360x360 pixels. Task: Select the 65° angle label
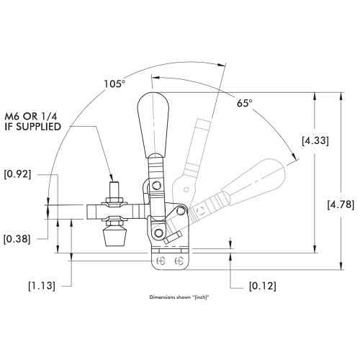pos(245,104)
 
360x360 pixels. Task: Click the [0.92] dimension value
pos(17,174)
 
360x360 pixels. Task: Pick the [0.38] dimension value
pos(17,238)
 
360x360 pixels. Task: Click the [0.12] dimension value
pos(260,287)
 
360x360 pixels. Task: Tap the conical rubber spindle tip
pos(112,235)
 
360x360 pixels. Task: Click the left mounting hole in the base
pos(161,259)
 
